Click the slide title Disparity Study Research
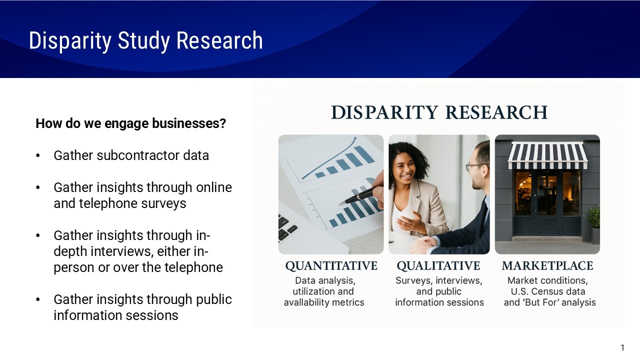145,40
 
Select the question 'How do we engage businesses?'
130,123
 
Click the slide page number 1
622,347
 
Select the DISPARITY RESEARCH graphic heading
439,112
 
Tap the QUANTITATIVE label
331,265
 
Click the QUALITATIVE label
438,265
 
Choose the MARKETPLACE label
547,265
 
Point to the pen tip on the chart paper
341,202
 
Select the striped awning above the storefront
547,155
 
